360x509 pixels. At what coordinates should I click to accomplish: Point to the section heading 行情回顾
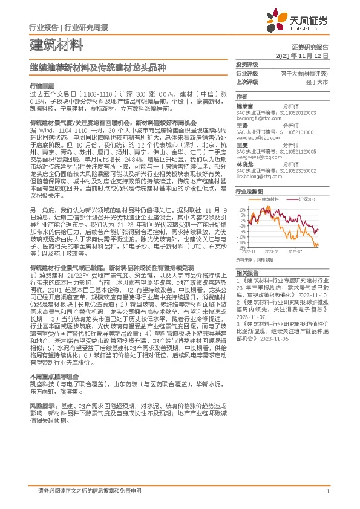42,86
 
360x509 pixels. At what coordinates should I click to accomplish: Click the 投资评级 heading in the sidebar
247,64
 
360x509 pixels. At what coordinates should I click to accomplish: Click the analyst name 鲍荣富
244,104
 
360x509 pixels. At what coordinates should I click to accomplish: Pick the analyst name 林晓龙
244,163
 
